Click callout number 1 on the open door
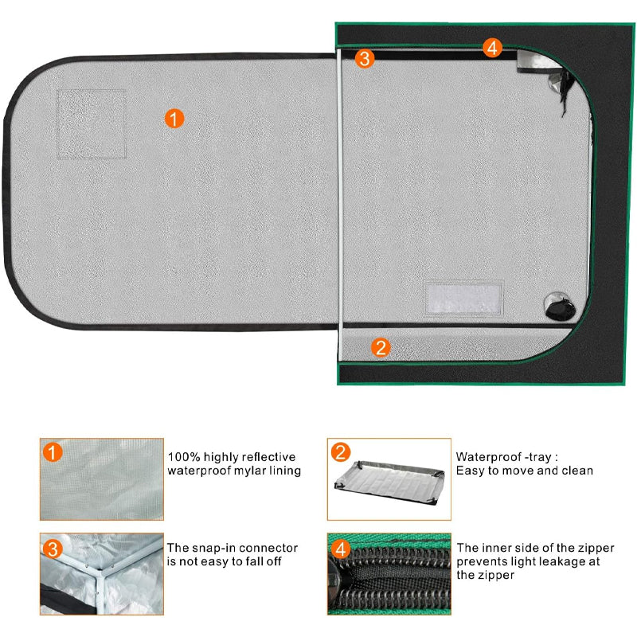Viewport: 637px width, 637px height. coord(174,119)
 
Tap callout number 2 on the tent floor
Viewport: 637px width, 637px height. coord(381,348)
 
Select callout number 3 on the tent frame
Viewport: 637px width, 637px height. coord(365,58)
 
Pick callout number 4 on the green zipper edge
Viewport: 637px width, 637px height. coord(492,48)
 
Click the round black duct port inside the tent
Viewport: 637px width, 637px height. coord(560,306)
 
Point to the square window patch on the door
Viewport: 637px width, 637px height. coord(92,124)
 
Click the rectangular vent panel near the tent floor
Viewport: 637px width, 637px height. coord(464,299)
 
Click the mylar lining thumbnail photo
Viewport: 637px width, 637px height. coord(102,479)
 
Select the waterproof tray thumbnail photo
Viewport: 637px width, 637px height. coord(389,479)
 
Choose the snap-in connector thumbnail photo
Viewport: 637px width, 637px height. coord(102,574)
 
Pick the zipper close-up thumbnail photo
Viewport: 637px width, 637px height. coord(389,574)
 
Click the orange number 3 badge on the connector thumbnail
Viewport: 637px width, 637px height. coord(53,549)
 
